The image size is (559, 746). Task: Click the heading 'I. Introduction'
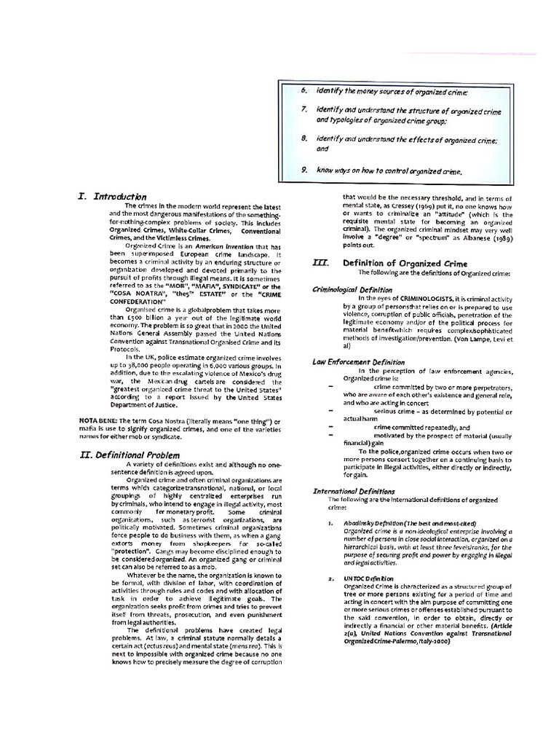[112, 197]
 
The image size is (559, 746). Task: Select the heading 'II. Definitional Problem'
[130, 455]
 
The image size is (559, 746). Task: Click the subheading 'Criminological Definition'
[352, 289]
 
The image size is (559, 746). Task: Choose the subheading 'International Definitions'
[354, 491]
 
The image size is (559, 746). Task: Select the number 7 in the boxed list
[304, 109]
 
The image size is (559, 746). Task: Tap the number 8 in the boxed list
[304, 138]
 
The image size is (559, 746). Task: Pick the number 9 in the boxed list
[304, 170]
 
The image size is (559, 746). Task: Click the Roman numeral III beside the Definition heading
[318, 263]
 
